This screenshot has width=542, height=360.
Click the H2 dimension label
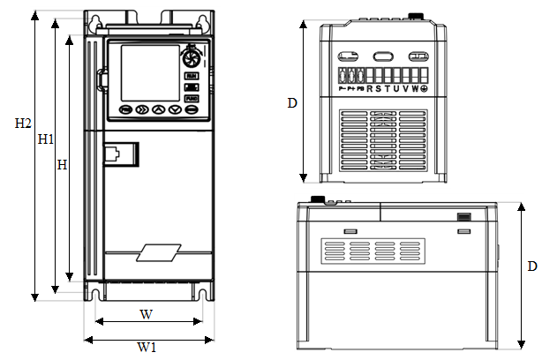click(x=23, y=123)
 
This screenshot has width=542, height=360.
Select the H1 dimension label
click(x=46, y=139)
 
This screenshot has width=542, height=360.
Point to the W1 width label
click(x=147, y=348)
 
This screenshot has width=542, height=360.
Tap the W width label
click(x=147, y=314)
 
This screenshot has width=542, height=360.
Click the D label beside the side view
click(x=531, y=266)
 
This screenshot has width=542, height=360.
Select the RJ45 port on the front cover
click(x=121, y=154)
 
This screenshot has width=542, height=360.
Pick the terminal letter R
click(x=370, y=88)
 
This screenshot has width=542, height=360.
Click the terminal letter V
click(x=405, y=88)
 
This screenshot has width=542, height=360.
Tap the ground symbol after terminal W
click(x=424, y=88)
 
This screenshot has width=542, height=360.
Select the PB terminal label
click(x=359, y=89)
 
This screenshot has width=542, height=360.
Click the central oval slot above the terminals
click(x=385, y=56)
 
